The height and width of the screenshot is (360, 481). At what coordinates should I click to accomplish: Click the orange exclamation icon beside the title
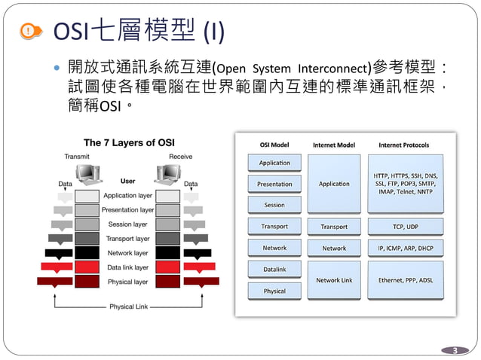[28, 31]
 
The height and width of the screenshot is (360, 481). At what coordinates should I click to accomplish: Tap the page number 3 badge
[454, 350]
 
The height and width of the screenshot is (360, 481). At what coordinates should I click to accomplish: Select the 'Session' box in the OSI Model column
[274, 205]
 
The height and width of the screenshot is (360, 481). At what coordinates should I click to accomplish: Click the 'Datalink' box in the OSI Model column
[274, 269]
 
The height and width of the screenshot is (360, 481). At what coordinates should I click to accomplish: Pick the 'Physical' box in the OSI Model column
[274, 291]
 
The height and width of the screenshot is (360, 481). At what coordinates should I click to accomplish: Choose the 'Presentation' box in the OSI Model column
[274, 184]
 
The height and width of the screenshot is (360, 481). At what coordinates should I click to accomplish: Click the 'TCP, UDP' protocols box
[406, 226]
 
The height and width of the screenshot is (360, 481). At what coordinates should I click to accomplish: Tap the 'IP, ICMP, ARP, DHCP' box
[406, 248]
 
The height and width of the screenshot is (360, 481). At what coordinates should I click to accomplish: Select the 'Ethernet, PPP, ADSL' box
[406, 279]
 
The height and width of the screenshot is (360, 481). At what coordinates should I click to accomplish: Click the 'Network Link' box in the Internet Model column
[334, 279]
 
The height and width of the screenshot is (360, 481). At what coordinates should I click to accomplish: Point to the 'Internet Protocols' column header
[405, 145]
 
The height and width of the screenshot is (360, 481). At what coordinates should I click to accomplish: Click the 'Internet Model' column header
[334, 145]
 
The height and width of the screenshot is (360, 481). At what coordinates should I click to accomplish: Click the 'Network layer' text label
[128, 253]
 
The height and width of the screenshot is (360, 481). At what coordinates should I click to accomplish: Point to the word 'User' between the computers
[127, 182]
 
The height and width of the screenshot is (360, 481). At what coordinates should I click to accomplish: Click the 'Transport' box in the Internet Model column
[334, 226]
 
